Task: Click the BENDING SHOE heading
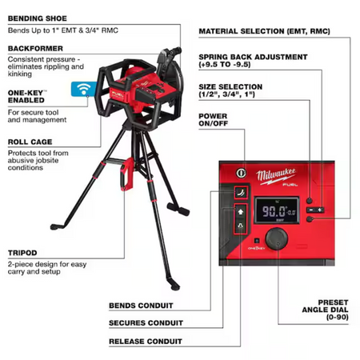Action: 38,18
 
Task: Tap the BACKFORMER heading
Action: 35,49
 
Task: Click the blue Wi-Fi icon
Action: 84,89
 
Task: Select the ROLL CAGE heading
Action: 30,142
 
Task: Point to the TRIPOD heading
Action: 22,253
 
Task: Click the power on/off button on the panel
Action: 241,173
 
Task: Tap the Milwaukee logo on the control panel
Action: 276,177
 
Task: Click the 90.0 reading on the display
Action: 274,211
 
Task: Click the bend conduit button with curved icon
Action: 241,192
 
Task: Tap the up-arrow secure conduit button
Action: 241,212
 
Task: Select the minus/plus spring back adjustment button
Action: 315,210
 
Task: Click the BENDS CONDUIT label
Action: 141,306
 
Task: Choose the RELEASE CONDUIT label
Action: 146,342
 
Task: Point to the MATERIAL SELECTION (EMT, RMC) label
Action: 265,31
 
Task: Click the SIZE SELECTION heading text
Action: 230,87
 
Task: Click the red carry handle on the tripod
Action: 127,174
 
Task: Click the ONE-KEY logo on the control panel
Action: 256,248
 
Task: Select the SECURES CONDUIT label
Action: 146,323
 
